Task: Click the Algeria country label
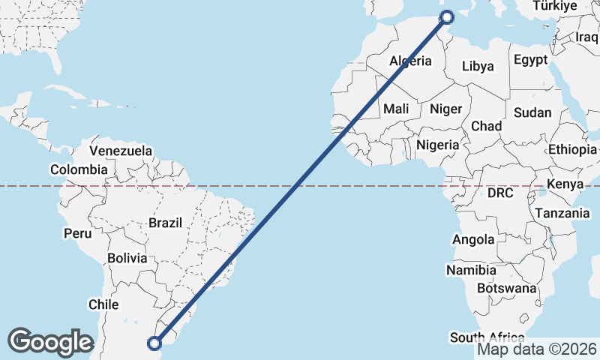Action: tap(410, 61)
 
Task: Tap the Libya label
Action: tap(478, 66)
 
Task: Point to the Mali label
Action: tap(396, 109)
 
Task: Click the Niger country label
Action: tap(445, 109)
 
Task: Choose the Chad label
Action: tap(487, 126)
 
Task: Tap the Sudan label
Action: tap(532, 112)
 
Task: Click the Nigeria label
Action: tap(437, 144)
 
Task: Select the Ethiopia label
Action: tap(572, 149)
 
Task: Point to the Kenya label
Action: tap(565, 184)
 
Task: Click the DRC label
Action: tap(500, 193)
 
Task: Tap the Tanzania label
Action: tap(562, 213)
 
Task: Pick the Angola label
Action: tap(473, 240)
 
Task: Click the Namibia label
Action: tap(471, 270)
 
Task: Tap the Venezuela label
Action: tap(121, 151)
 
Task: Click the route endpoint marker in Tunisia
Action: tap(447, 17)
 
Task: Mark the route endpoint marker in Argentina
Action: tap(154, 343)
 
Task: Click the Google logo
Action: tap(50, 341)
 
